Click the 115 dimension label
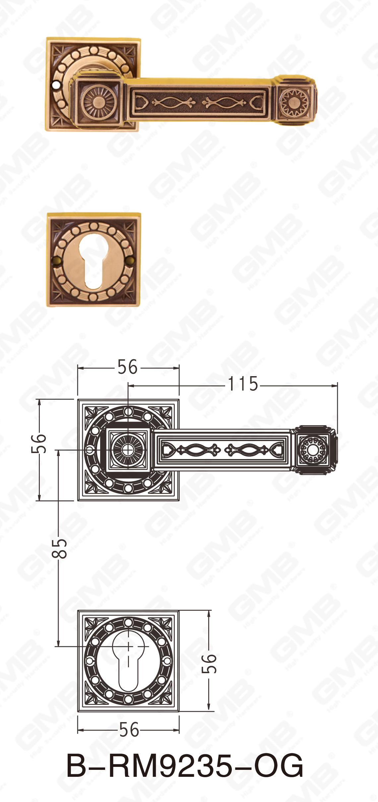243,384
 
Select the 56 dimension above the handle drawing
128,367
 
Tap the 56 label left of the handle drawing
39,443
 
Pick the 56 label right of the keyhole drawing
209,664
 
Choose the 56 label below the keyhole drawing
129,730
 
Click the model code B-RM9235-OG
185,766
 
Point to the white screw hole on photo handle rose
55,86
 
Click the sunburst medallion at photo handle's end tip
293,102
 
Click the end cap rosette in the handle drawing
312,450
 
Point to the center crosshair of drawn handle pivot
128,450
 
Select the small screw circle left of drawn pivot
90,450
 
